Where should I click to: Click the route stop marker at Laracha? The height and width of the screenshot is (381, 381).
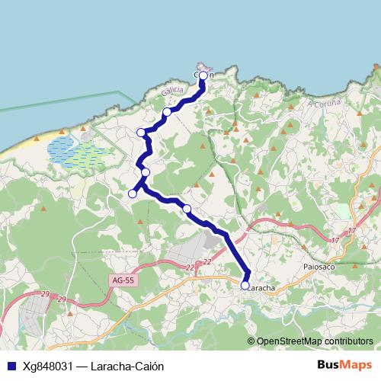(x=245, y=286)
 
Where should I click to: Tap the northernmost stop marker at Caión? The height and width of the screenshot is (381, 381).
(x=203, y=76)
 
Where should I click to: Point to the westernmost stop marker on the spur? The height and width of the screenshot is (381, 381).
(x=132, y=194)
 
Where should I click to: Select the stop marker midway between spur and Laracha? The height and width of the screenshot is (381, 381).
(x=186, y=208)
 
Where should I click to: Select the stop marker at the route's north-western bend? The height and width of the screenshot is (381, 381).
(x=141, y=133)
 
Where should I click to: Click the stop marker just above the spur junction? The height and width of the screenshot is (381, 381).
(x=145, y=172)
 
